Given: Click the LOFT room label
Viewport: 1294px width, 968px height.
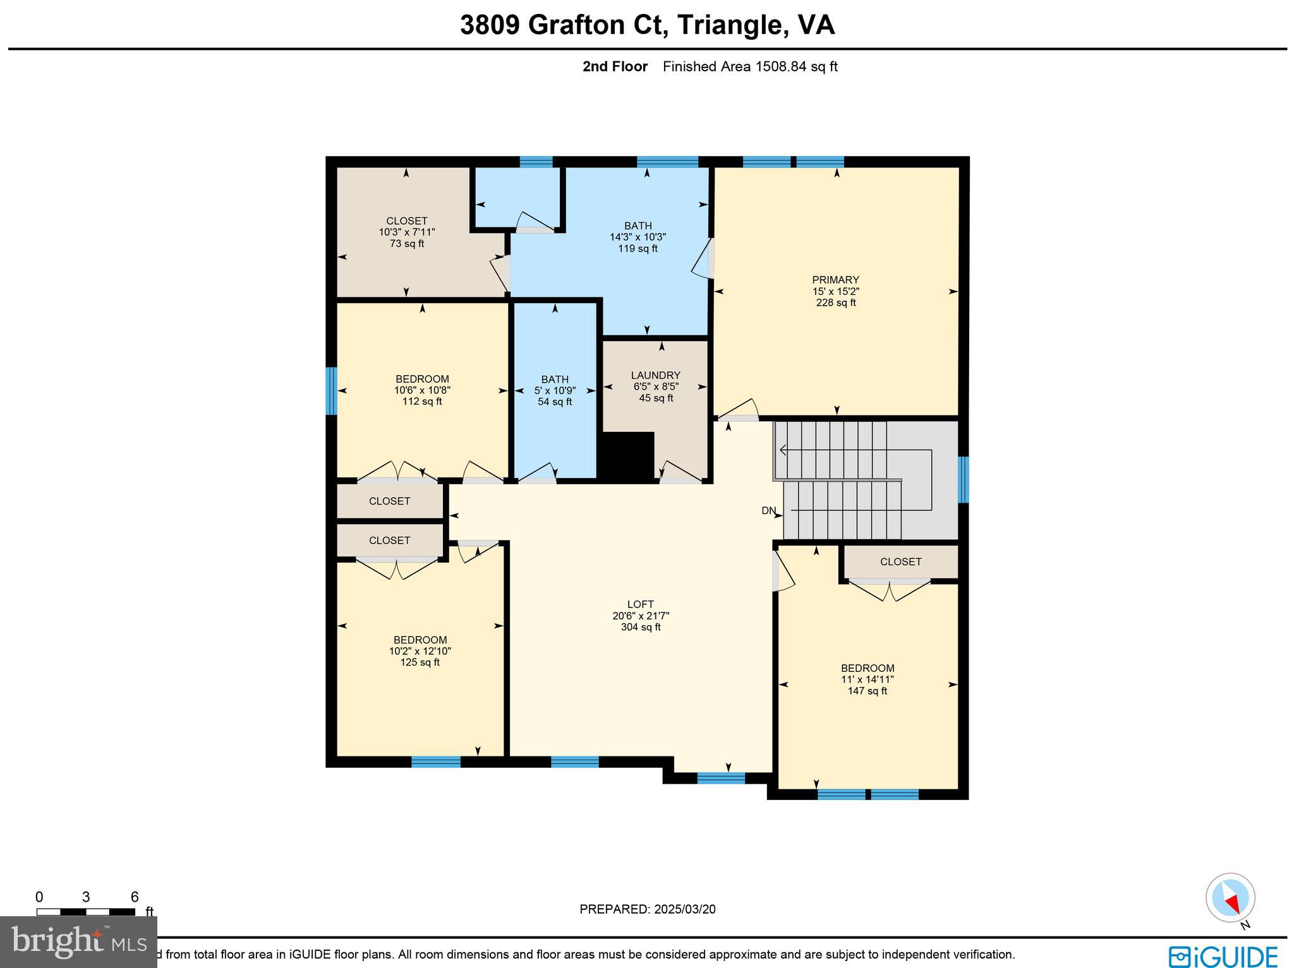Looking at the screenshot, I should click(640, 604).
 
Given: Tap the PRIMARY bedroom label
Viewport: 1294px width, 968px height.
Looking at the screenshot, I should click(835, 280).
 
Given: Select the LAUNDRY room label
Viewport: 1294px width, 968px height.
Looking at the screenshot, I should click(655, 375).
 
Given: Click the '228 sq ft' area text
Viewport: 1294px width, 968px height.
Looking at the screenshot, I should click(835, 302).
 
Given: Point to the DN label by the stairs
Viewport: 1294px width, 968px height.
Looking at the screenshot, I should click(768, 511).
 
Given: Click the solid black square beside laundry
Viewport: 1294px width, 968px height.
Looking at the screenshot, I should click(626, 457).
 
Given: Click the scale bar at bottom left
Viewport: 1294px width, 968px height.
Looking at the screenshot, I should click(85, 912).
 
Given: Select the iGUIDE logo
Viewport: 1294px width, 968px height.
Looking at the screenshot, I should click(1223, 956).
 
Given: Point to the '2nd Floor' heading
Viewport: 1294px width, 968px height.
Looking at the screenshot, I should click(615, 66).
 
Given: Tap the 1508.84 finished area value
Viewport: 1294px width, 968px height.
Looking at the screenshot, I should click(781, 66).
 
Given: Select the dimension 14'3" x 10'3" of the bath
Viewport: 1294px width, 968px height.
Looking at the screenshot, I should click(638, 237).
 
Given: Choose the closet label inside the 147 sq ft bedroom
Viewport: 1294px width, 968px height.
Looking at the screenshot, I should click(900, 561).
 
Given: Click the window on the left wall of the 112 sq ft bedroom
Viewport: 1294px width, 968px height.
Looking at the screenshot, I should click(331, 391).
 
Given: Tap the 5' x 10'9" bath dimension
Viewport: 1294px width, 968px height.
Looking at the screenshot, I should click(554, 391).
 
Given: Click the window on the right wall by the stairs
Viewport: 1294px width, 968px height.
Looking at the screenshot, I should click(963, 479).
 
